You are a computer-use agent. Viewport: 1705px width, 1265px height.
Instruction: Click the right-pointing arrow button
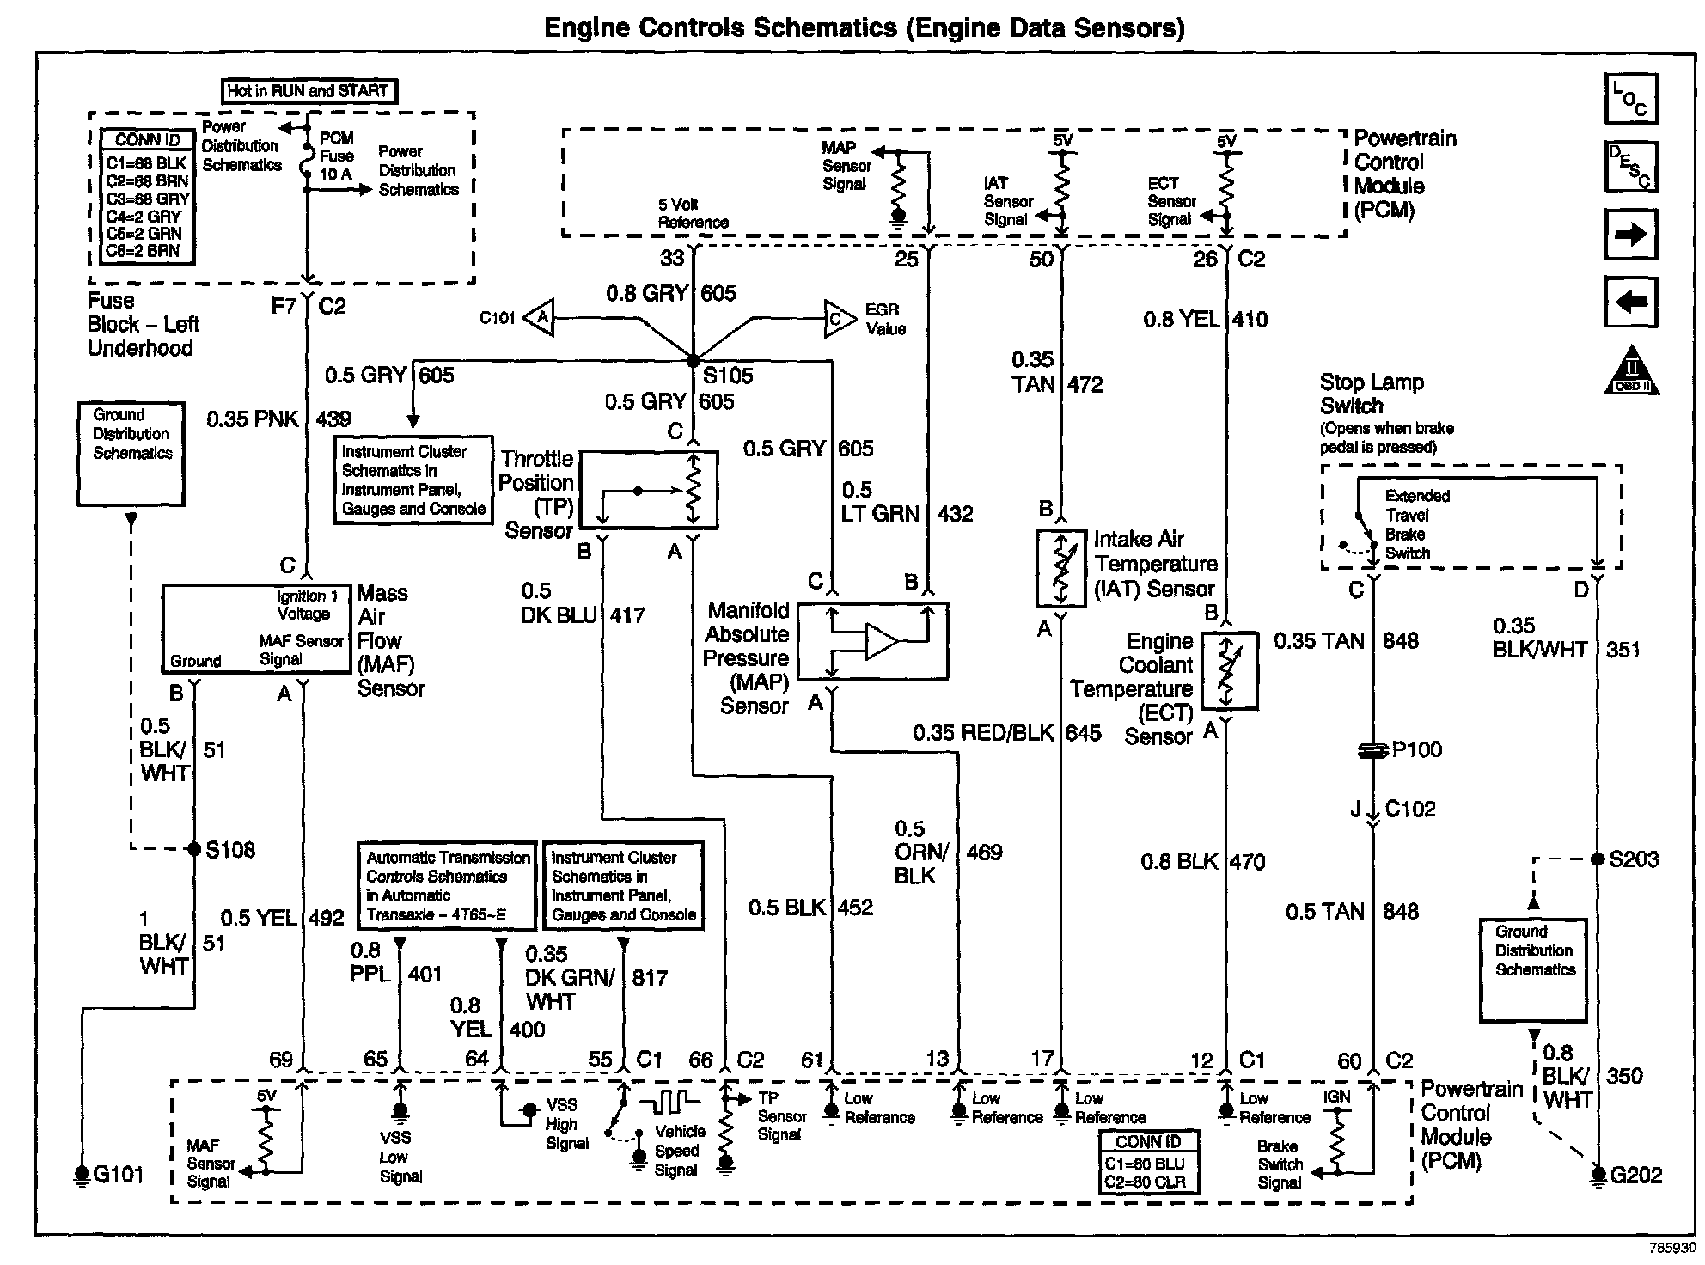click(1630, 235)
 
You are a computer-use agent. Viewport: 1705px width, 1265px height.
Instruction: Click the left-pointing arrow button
click(1630, 302)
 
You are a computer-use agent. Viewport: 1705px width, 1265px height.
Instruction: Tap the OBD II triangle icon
click(1631, 373)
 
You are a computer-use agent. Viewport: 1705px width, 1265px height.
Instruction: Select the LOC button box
click(1630, 99)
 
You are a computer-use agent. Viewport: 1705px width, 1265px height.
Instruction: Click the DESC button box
click(1630, 166)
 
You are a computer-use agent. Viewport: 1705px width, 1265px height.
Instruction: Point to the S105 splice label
click(728, 376)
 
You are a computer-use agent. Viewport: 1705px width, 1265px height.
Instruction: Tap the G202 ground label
click(1635, 1175)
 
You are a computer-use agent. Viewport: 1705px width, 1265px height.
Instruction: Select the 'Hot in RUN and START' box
click(309, 90)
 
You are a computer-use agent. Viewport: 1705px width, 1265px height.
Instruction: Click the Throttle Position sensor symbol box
click(649, 489)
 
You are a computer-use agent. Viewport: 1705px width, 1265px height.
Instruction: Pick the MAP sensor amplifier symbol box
click(872, 641)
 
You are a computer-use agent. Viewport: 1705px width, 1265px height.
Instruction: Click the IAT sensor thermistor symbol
click(1061, 568)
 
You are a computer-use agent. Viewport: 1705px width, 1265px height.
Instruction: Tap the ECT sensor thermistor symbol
click(1228, 671)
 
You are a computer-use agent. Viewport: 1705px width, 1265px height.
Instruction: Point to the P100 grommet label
click(1416, 749)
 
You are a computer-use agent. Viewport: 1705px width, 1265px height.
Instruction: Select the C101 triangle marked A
click(541, 318)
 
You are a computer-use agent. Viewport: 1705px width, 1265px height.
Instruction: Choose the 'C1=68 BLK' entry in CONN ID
click(146, 163)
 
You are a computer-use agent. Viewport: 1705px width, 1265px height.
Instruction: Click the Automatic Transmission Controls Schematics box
click(447, 885)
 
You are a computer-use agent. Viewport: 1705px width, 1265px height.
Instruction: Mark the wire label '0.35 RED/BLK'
click(982, 732)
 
